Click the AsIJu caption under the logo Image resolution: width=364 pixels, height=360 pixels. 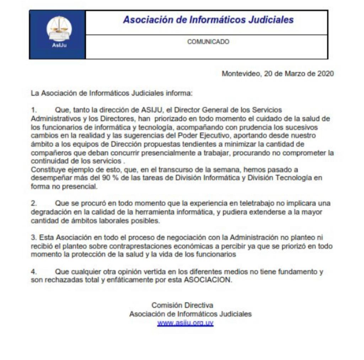click(57, 45)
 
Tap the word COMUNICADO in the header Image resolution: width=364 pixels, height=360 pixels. click(208, 42)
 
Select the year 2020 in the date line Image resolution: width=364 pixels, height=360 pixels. click(326, 74)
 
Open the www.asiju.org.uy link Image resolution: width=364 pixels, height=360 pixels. click(185, 323)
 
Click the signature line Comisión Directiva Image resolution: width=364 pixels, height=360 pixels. click(182, 305)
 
